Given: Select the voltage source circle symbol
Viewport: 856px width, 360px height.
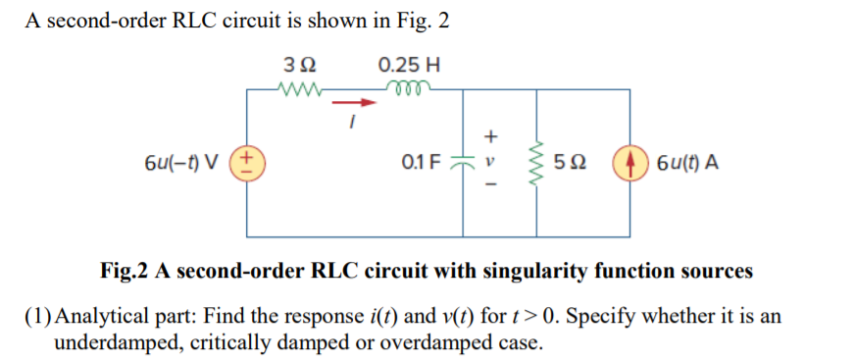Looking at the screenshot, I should point(248,161).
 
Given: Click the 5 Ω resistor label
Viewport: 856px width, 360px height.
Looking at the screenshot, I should point(571,161).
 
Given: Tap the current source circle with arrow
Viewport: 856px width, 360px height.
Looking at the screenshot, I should point(628,162).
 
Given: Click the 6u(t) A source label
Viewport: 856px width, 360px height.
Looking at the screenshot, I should point(687,161).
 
